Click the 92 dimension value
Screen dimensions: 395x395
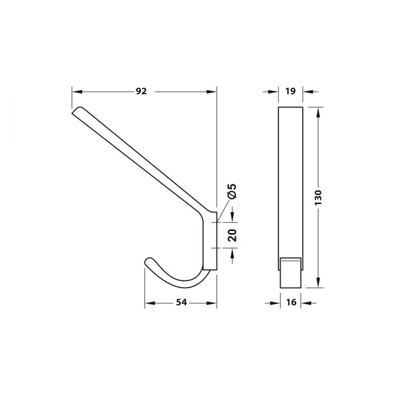coord(141,91)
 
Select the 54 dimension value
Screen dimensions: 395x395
coord(181,302)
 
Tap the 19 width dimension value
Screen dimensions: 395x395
coord(290,91)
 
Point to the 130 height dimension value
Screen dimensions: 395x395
coord(318,197)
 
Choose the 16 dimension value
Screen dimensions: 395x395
coord(291,302)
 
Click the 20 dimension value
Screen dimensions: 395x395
coord(232,236)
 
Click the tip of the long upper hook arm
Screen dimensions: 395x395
coord(74,111)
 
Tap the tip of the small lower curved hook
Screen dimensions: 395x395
coord(146,261)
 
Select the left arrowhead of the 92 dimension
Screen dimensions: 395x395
coord(77,92)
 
